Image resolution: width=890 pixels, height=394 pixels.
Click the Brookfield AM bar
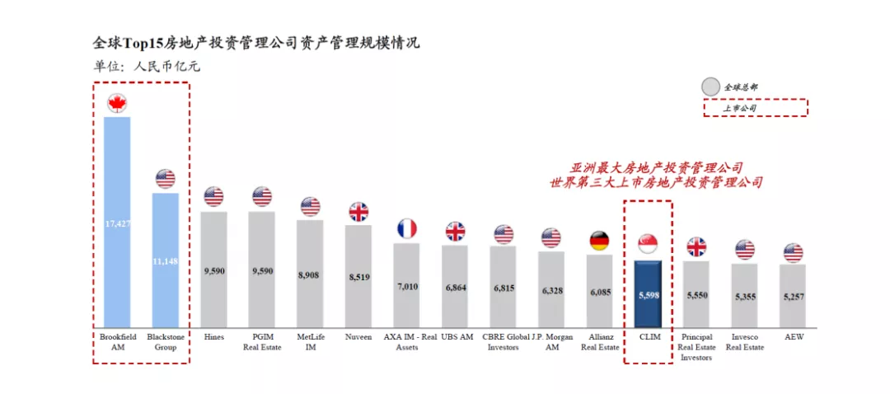pyautogui.click(x=117, y=223)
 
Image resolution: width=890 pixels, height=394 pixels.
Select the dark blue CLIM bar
pyautogui.click(x=648, y=294)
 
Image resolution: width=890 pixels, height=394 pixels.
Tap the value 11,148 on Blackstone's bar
pyautogui.click(x=166, y=262)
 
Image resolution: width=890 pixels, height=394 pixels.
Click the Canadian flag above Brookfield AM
pyautogui.click(x=118, y=104)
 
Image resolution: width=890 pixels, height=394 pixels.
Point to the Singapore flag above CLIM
pyautogui.click(x=649, y=244)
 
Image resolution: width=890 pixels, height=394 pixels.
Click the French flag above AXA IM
pyautogui.click(x=407, y=228)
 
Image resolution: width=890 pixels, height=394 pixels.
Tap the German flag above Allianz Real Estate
pyautogui.click(x=599, y=241)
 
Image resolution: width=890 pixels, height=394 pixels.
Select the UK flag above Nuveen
pyautogui.click(x=358, y=212)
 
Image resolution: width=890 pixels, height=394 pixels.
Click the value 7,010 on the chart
pyautogui.click(x=407, y=286)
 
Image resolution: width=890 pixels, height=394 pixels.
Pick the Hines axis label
pyautogui.click(x=214, y=337)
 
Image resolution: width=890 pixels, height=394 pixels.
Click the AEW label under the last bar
pyautogui.click(x=794, y=337)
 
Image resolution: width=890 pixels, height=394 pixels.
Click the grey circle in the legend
pyautogui.click(x=711, y=87)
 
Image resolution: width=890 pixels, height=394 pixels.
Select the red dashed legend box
pyautogui.click(x=755, y=107)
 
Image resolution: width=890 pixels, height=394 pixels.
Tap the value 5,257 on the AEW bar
pyautogui.click(x=793, y=298)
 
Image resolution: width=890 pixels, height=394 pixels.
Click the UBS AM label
pyautogui.click(x=456, y=337)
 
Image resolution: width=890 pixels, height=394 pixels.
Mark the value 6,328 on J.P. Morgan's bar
pyautogui.click(x=551, y=290)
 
